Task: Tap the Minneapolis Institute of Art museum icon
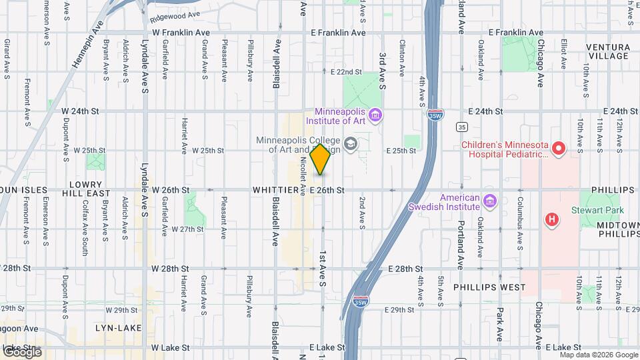point(376,117)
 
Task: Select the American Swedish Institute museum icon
point(490,201)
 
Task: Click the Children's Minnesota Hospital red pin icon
point(559,149)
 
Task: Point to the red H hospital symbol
point(551,219)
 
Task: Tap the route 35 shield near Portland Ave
point(461,126)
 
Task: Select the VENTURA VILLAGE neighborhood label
point(607,51)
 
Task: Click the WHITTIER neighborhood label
point(275,191)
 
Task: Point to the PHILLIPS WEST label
point(489,287)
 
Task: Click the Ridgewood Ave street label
point(175,14)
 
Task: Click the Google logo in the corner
point(22,351)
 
